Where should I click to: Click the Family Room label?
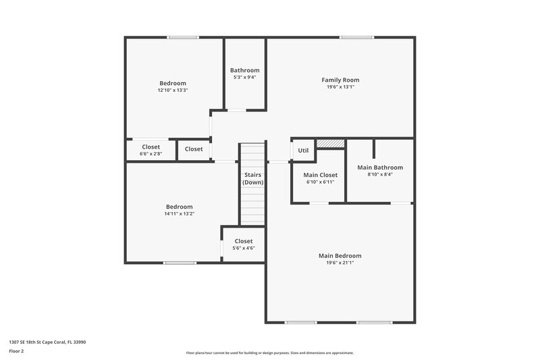[x=340, y=80]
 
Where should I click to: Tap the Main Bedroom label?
[x=340, y=255]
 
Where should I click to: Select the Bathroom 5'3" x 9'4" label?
[x=244, y=70]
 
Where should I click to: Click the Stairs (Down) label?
[x=253, y=178]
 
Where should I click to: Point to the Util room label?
[x=303, y=150]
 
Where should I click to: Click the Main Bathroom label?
[x=380, y=168]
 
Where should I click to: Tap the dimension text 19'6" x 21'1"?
[x=340, y=263]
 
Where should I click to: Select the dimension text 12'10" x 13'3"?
[x=173, y=90]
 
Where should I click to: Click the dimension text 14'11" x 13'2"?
[x=180, y=214]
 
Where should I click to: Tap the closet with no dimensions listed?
[x=194, y=149]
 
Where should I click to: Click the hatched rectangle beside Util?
[x=331, y=143]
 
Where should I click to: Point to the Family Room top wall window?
[x=357, y=37]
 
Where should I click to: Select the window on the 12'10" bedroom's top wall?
[x=183, y=37]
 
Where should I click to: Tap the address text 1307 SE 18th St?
[x=47, y=342]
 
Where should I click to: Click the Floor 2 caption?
[x=17, y=351]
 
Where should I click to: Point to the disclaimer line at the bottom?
[x=270, y=353]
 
